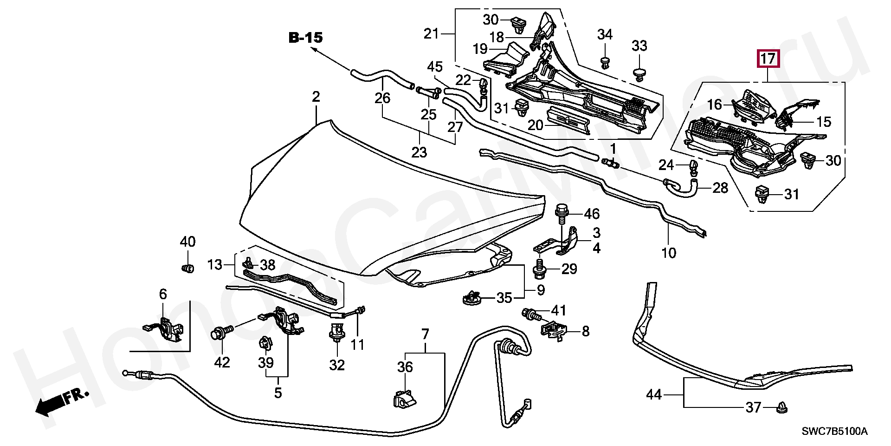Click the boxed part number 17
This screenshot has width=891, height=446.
[x=768, y=59]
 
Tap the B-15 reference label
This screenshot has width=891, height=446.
[x=305, y=38]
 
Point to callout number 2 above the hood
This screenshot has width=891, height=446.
[x=316, y=97]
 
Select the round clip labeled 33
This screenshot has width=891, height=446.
[x=639, y=74]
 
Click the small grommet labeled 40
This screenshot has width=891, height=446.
[x=187, y=268]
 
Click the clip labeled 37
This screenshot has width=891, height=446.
[x=782, y=408]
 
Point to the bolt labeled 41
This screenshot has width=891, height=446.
[x=531, y=315]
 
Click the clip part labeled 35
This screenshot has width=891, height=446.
[x=472, y=298]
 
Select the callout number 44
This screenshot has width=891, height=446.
[x=653, y=395]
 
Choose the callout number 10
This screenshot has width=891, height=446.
[x=669, y=253]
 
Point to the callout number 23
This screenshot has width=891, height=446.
[x=419, y=152]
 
